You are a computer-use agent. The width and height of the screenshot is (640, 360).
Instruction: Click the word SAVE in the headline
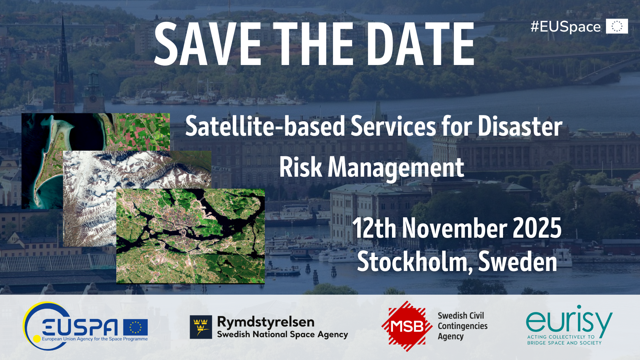click(x=208, y=44)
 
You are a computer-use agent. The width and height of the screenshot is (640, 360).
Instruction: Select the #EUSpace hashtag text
click(x=565, y=27)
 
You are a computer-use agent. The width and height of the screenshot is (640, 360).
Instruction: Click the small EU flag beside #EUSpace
click(x=617, y=26)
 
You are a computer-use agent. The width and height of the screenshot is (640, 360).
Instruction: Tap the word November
click(x=454, y=228)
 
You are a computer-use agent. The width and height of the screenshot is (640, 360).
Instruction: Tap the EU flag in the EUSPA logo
click(x=135, y=327)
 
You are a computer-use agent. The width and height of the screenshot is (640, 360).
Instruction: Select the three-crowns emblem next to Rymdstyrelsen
click(x=201, y=327)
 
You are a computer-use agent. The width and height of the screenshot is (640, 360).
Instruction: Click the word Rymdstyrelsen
click(x=266, y=322)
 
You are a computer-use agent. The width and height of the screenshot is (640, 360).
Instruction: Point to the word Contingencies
click(x=463, y=326)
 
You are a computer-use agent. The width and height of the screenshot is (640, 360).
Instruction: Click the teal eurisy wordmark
click(x=569, y=321)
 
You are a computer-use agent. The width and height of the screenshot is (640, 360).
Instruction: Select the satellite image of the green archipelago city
click(x=190, y=236)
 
